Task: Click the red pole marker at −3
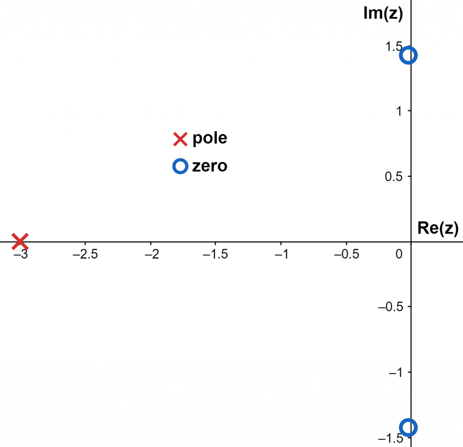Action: point(20,241)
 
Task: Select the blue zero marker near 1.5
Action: point(409,55)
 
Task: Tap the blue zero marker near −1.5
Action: point(409,427)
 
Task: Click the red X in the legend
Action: point(180,139)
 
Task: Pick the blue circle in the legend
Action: point(180,166)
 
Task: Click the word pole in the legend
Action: point(210,138)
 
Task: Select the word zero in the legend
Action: point(210,166)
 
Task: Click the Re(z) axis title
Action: point(438,229)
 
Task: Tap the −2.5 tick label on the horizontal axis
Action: point(85,254)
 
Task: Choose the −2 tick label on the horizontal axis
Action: point(151,254)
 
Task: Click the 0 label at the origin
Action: point(399,254)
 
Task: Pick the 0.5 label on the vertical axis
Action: point(394,176)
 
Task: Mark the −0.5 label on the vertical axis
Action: point(391,307)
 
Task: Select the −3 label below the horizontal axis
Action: point(21,254)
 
